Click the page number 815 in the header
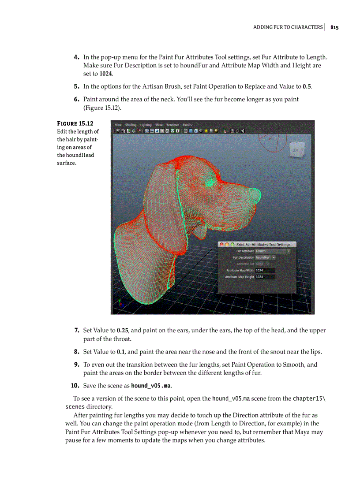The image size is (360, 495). click(334, 27)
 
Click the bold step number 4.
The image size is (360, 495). click(76, 57)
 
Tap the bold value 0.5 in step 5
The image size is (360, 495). click(307, 86)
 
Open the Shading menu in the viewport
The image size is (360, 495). click(131, 125)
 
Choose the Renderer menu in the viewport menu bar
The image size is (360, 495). click(172, 125)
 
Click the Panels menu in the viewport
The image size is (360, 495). click(187, 125)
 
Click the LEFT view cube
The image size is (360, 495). click(296, 150)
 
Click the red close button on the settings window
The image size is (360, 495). click(221, 244)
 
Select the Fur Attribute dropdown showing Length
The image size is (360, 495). click(273, 251)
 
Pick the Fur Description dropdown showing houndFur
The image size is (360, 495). click(265, 257)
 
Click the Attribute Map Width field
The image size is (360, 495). click(265, 270)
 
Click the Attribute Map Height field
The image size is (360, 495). click(265, 277)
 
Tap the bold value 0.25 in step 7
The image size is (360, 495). click(123, 331)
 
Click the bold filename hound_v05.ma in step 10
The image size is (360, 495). click(151, 386)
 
